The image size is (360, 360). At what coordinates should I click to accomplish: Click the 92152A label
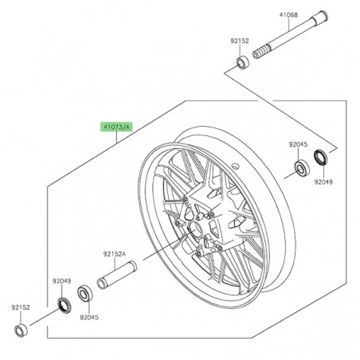(x=115, y=256)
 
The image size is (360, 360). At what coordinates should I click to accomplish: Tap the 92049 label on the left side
(x=62, y=280)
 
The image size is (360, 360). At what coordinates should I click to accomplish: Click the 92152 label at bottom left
(x=22, y=305)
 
